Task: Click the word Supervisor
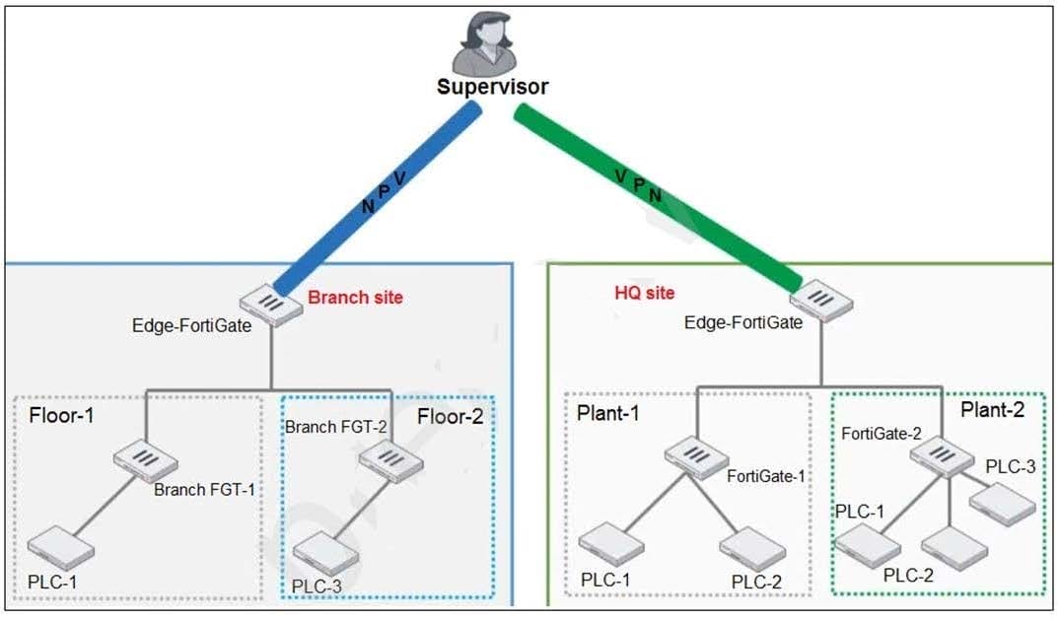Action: [493, 87]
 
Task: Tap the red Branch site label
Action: [356, 298]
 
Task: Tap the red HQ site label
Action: [645, 293]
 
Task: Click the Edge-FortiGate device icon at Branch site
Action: [271, 305]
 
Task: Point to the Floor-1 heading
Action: [61, 415]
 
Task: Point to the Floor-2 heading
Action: [450, 417]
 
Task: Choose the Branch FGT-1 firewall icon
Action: [146, 460]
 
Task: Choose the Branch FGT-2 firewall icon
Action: [391, 460]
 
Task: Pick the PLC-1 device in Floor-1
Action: [61, 548]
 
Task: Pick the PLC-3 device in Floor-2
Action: [326, 554]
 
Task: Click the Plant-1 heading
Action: [608, 413]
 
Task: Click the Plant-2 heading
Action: [993, 409]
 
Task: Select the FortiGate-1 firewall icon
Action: [696, 457]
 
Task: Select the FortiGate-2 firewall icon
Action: [942, 455]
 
